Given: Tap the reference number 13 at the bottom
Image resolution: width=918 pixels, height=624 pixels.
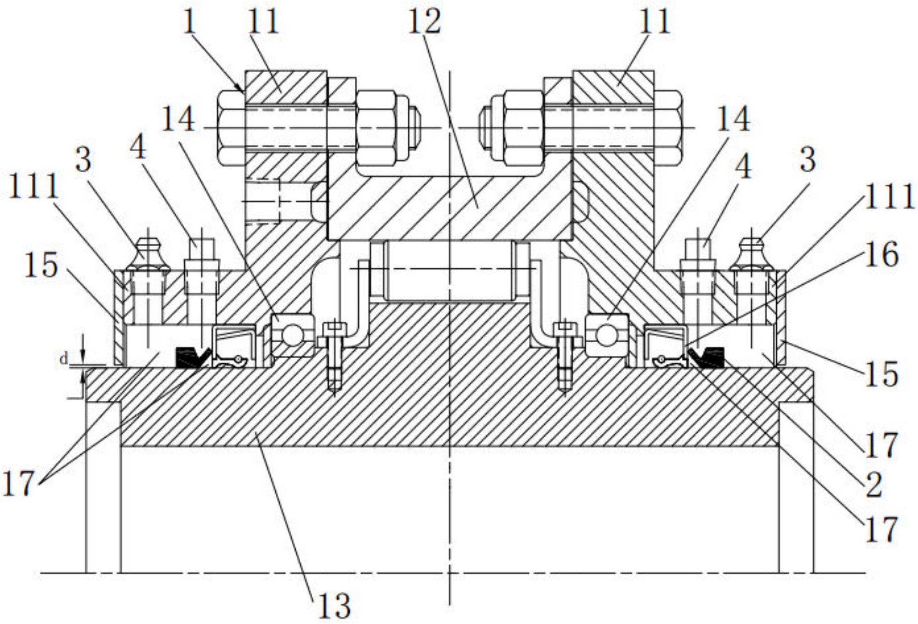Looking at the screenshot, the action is point(334,606).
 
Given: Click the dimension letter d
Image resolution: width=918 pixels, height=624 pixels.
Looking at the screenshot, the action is point(64,359).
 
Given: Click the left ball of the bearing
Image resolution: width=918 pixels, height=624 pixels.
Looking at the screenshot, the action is point(292,335).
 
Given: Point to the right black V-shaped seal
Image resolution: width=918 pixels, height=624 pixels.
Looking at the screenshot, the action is point(707,358).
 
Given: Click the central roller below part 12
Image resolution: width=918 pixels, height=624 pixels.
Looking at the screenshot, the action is point(450,271).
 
